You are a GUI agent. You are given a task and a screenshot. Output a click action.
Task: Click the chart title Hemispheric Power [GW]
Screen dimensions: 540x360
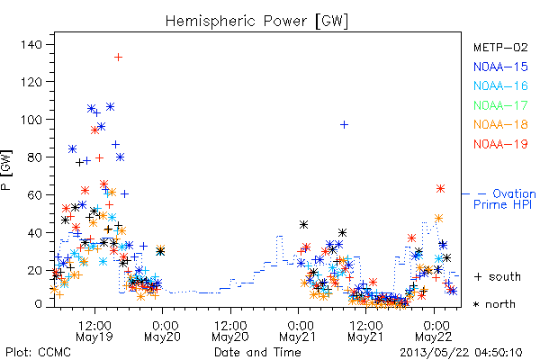click(256, 22)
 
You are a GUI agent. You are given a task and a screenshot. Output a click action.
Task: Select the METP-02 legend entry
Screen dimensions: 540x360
click(500, 47)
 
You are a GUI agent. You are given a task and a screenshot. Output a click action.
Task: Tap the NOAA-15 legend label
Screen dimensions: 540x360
click(500, 67)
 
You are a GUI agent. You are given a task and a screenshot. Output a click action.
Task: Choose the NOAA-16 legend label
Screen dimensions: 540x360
click(500, 85)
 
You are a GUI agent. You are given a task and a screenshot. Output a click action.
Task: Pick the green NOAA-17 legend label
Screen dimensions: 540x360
click(500, 105)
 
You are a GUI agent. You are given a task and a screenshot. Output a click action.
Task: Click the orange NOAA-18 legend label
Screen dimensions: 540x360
click(500, 124)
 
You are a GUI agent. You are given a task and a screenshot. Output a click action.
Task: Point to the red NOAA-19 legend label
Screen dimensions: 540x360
click(500, 144)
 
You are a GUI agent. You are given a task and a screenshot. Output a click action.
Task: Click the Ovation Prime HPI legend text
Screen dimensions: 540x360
click(505, 199)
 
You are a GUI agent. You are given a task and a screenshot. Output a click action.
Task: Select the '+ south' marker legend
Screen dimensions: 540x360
click(498, 276)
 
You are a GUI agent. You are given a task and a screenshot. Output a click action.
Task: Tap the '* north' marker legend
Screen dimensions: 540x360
click(494, 304)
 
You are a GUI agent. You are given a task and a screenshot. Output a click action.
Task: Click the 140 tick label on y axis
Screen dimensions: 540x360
click(31, 44)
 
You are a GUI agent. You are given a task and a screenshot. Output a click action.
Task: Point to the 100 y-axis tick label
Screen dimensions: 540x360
click(31, 120)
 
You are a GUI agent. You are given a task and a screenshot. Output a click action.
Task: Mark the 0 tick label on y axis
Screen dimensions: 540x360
click(38, 304)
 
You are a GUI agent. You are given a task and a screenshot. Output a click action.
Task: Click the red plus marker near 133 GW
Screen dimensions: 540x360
click(118, 58)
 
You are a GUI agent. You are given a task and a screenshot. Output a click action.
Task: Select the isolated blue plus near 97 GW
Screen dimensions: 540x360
click(344, 125)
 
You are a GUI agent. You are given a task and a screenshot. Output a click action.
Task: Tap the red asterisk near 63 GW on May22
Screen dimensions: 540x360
click(440, 189)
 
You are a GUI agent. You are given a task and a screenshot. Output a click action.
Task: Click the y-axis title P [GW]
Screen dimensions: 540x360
click(6, 169)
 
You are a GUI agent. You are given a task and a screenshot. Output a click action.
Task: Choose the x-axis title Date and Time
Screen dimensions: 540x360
click(257, 353)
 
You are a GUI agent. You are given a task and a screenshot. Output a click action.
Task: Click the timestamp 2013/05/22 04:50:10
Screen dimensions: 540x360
click(461, 353)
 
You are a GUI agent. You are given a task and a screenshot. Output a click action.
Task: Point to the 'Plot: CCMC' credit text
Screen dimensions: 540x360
click(38, 353)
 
